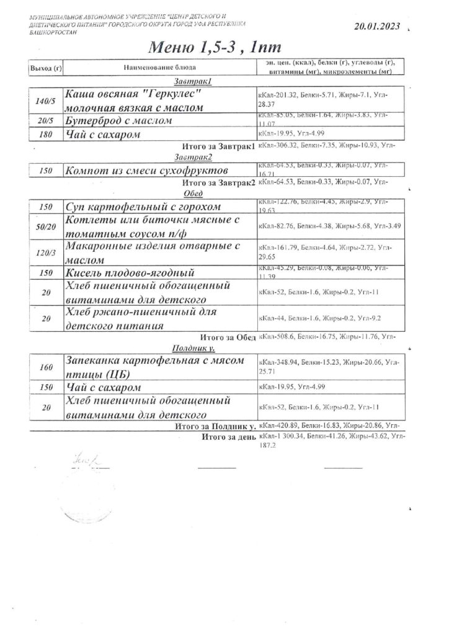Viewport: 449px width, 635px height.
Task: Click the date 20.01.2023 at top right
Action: click(x=376, y=27)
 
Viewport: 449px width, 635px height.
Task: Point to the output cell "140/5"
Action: click(x=45, y=101)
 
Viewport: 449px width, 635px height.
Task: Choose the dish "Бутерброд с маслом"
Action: click(x=118, y=120)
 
